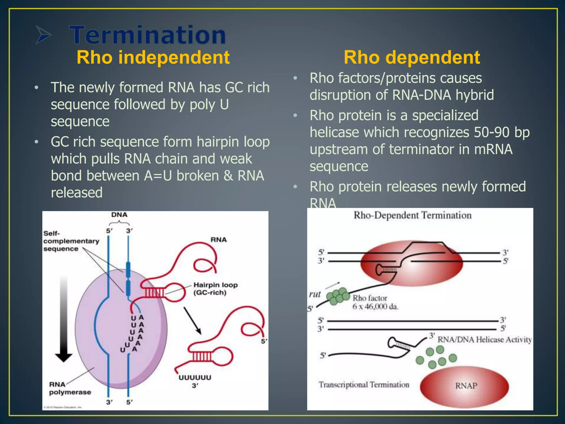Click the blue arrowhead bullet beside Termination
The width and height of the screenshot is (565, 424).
(x=44, y=35)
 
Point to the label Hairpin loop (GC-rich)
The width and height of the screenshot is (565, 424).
(x=215, y=289)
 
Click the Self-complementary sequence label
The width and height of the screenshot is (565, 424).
(x=71, y=241)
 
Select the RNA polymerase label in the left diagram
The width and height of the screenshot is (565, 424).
(x=70, y=388)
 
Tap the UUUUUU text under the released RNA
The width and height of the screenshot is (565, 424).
(x=195, y=378)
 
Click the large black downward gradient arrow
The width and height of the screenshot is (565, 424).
(x=64, y=320)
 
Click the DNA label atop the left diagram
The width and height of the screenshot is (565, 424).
(x=119, y=215)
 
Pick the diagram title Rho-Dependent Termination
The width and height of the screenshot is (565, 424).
(x=412, y=215)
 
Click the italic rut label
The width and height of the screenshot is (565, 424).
(x=315, y=294)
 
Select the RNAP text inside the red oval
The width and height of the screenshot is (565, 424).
(x=466, y=386)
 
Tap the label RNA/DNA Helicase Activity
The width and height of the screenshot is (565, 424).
(x=484, y=340)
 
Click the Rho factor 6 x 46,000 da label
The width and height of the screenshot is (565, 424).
(x=375, y=302)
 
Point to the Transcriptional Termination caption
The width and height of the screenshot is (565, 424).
(x=364, y=385)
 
